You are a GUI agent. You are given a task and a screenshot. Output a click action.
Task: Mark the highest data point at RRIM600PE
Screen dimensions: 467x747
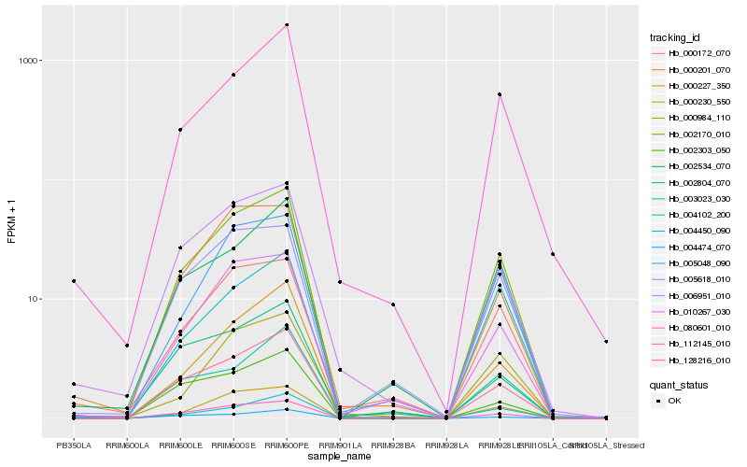[x=287, y=25]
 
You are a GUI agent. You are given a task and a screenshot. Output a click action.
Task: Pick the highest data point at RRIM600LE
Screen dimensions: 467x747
[x=180, y=130]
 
